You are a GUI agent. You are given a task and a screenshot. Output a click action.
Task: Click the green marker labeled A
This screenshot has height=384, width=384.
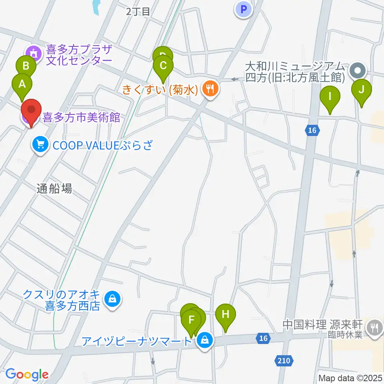point(22,84)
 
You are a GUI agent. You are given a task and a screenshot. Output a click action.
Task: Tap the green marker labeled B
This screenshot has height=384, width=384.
point(26,65)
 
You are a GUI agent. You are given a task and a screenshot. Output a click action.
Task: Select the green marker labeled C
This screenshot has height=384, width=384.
point(163,65)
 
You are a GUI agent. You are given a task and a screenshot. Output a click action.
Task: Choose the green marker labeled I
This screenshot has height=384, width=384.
point(330,96)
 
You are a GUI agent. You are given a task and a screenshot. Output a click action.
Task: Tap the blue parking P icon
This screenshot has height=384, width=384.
point(244,10)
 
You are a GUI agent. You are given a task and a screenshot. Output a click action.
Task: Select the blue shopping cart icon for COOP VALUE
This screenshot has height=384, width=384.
point(40,144)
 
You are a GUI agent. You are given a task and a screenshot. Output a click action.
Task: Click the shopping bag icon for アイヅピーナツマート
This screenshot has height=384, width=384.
point(205,341)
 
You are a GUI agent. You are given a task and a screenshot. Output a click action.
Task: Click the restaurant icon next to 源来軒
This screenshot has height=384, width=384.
point(374,328)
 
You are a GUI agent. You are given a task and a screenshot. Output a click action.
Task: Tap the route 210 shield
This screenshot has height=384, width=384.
point(284,361)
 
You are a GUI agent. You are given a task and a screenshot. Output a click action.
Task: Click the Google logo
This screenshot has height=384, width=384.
point(27,375)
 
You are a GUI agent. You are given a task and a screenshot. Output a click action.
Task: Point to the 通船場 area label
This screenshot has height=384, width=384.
point(54,189)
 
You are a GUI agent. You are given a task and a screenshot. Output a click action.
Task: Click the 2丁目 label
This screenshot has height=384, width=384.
point(138,12)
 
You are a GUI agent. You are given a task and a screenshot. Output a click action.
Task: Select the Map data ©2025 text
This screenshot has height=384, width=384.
point(351,378)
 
